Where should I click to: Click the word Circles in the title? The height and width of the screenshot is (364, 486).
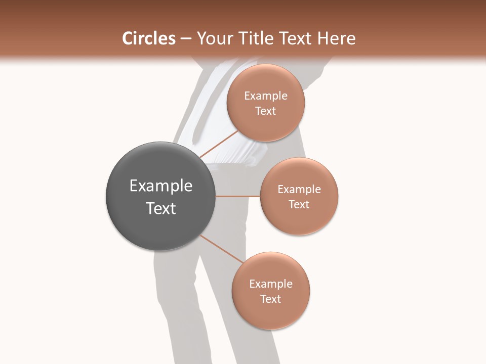(149, 38)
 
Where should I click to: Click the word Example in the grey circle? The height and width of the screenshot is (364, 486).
(161, 186)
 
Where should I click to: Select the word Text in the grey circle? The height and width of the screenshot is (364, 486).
(161, 208)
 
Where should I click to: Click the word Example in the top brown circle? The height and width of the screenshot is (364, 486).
(266, 96)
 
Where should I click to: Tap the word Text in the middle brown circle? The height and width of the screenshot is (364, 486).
(299, 205)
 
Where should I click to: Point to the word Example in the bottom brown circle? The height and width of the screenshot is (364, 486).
(271, 284)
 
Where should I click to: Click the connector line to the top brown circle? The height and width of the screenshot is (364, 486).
(219, 143)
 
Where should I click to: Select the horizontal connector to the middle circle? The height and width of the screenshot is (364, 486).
(237, 196)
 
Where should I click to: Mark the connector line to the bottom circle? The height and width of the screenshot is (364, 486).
(222, 249)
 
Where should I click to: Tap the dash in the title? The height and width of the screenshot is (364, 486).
(186, 39)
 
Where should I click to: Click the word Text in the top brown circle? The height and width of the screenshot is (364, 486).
(266, 111)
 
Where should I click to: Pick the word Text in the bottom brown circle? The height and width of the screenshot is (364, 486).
(271, 299)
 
